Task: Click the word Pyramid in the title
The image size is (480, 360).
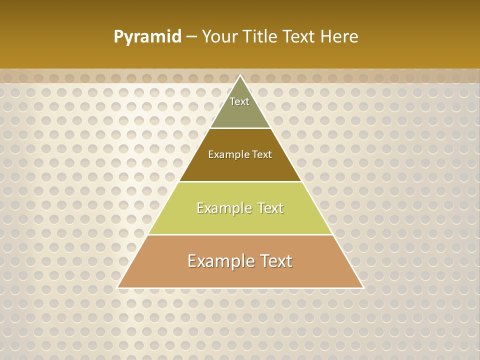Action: (147, 37)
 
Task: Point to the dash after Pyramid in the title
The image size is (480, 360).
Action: (191, 37)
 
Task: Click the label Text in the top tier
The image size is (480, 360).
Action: (239, 101)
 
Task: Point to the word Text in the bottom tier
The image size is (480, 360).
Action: (275, 261)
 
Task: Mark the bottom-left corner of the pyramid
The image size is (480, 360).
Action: (118, 287)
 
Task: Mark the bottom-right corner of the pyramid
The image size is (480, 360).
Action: (363, 287)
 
